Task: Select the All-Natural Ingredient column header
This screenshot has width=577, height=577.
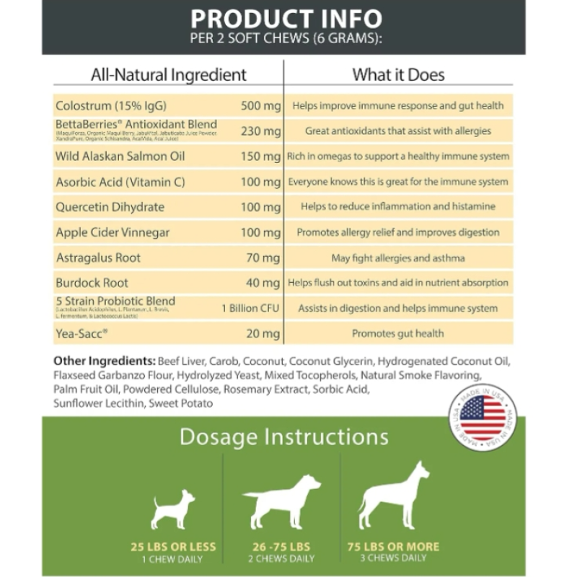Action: click(168, 74)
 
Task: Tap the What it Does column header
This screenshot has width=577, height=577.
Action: click(398, 74)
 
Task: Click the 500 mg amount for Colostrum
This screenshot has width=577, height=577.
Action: click(260, 106)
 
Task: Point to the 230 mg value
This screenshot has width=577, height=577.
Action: click(260, 131)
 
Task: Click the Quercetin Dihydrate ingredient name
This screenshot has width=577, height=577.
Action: click(110, 207)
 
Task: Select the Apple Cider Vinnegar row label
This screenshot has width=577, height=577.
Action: click(113, 232)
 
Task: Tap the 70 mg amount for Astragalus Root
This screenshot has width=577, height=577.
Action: click(264, 257)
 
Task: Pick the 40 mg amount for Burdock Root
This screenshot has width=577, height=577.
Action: click(264, 283)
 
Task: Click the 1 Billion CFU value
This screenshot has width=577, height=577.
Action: click(250, 308)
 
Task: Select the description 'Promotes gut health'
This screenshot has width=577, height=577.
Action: click(397, 333)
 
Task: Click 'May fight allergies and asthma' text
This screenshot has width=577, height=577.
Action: click(397, 257)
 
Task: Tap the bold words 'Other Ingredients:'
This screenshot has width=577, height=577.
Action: click(104, 361)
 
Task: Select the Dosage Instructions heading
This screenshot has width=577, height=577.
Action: click(283, 437)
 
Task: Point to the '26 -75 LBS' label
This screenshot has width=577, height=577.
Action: click(282, 546)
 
